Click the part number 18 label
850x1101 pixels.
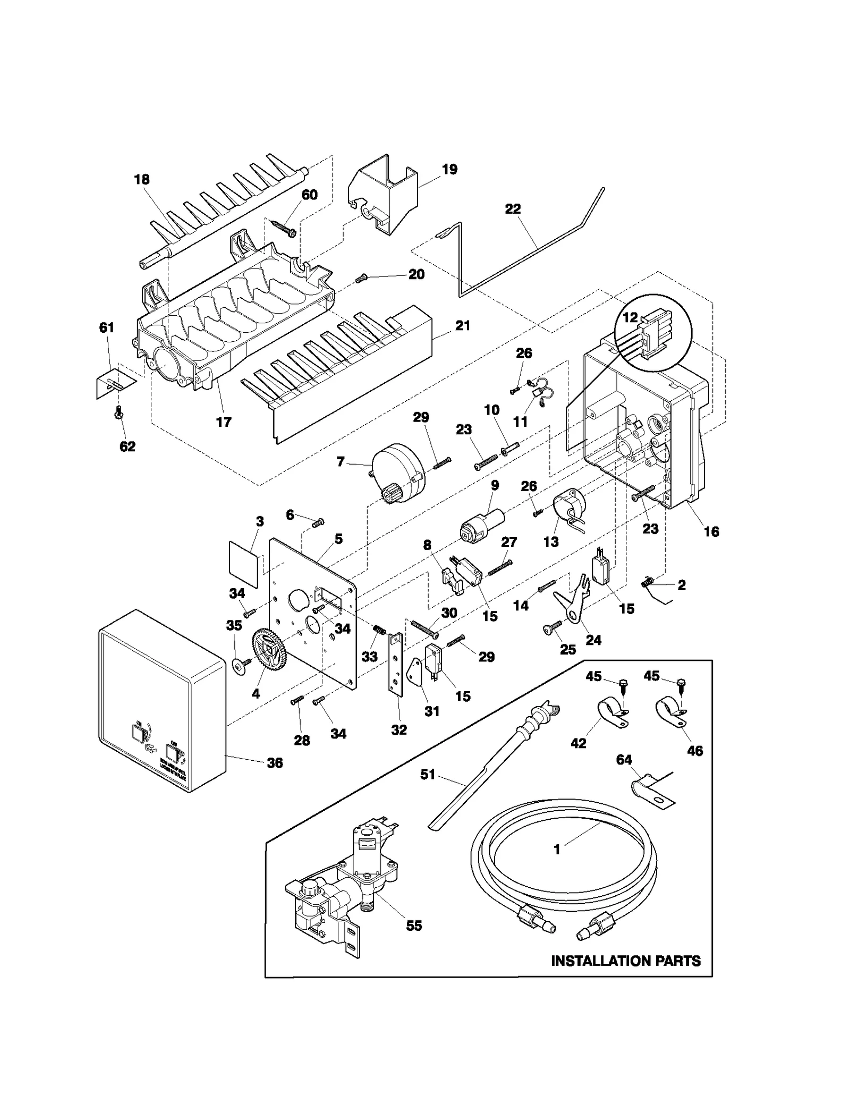[141, 180]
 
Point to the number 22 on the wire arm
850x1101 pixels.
[512, 209]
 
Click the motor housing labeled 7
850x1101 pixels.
[398, 472]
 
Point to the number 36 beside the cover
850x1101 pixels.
[274, 763]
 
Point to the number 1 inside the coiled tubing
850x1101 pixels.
[557, 850]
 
